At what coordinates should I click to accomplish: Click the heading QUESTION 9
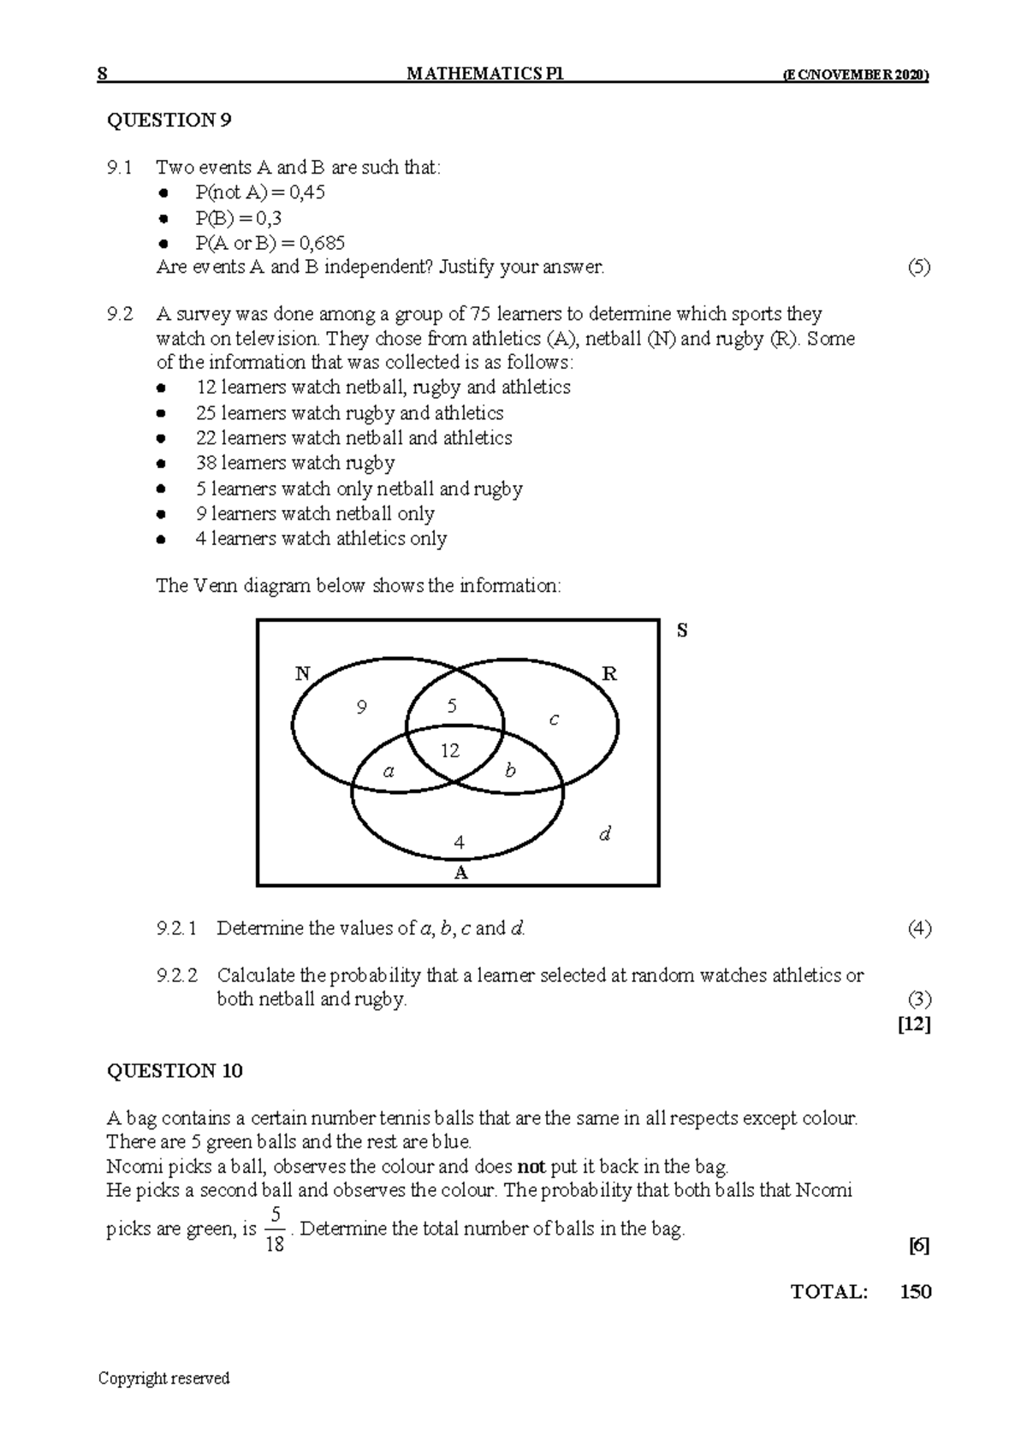click(169, 120)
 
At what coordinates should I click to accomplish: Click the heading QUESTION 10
click(175, 1071)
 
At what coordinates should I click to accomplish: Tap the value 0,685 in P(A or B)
click(318, 242)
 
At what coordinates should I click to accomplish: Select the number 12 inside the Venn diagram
click(450, 751)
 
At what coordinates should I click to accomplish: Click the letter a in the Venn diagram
click(389, 771)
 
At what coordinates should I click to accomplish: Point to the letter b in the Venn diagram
click(511, 771)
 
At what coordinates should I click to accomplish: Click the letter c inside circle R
click(554, 720)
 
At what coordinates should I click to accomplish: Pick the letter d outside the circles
click(605, 833)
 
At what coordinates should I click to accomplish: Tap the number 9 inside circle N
click(362, 708)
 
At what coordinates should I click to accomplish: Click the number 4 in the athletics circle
click(460, 843)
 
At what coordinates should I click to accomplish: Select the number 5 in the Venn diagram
click(452, 707)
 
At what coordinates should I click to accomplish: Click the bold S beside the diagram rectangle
click(682, 631)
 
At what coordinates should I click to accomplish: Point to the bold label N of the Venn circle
click(302, 674)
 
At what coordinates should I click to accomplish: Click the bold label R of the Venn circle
click(609, 674)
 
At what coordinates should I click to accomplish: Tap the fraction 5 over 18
click(275, 1229)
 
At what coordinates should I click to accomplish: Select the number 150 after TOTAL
click(915, 1292)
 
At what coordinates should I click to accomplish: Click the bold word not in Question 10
click(531, 1166)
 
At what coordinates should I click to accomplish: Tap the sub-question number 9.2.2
click(177, 975)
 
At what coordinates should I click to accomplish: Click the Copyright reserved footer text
click(164, 1378)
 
